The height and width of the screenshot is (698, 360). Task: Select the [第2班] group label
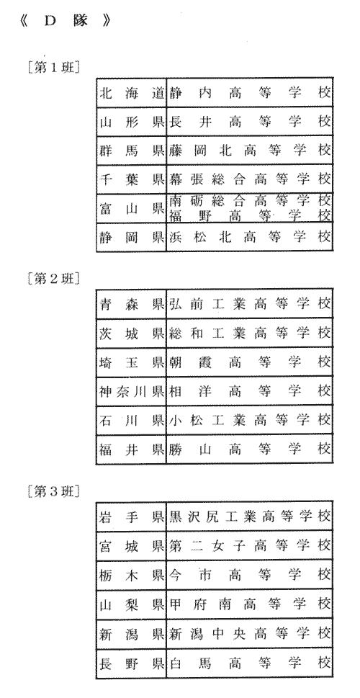(53, 279)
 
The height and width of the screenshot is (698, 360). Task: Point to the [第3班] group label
(53, 492)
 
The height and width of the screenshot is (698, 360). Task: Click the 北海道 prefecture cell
(132, 93)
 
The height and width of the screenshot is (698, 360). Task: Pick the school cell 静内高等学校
(250, 93)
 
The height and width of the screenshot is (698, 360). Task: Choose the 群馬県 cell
(132, 150)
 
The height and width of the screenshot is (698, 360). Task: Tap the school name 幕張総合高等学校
(250, 179)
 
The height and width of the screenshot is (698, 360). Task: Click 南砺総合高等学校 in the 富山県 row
(250, 201)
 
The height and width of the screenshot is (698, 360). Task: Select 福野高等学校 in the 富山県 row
(250, 215)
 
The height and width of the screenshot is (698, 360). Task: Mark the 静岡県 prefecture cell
(132, 237)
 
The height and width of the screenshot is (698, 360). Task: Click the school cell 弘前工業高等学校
(250, 303)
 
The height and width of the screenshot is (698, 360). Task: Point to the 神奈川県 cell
(132, 391)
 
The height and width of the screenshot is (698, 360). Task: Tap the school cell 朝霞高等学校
(250, 362)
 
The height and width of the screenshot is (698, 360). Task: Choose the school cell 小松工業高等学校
(250, 419)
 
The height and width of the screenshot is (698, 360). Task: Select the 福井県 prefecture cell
(132, 449)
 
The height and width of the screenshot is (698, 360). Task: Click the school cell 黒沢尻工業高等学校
(250, 516)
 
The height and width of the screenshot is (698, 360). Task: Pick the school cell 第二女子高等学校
(250, 545)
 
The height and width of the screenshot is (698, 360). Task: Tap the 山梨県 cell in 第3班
(132, 604)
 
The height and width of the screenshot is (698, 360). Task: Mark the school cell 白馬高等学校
(250, 663)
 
